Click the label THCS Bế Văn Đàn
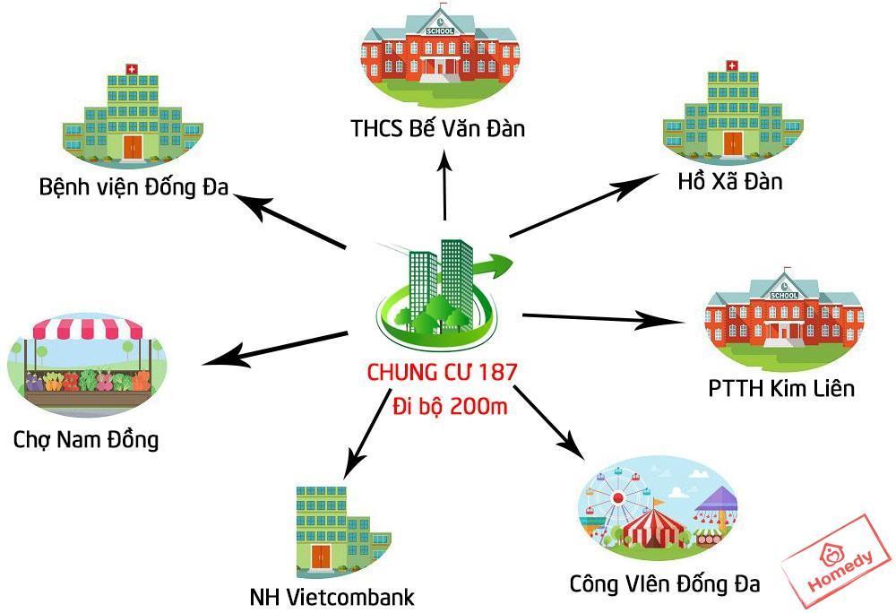click(438, 128)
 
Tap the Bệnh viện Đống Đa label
click(134, 187)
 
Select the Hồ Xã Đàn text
click(729, 181)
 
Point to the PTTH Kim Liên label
click(781, 388)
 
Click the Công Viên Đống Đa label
click(665, 583)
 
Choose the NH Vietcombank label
click(332, 597)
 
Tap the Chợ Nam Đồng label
click(86, 440)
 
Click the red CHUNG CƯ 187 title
click(442, 373)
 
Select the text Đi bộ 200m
click(450, 406)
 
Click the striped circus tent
click(653, 528)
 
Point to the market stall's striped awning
click(88, 329)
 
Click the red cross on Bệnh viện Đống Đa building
click(133, 69)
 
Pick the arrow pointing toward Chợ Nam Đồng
click(275, 349)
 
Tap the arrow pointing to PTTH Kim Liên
click(604, 319)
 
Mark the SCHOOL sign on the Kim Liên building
click(784, 296)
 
